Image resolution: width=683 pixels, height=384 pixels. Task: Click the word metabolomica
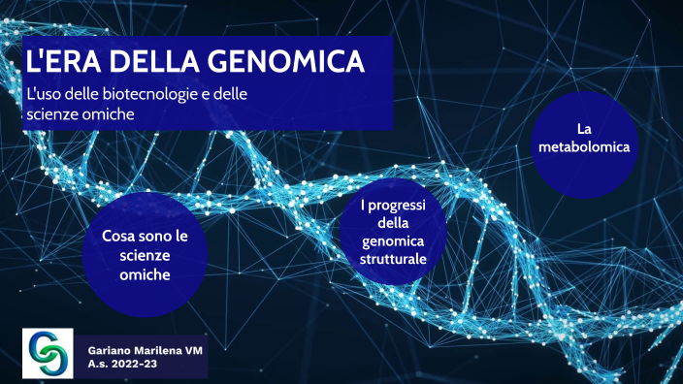coord(584,148)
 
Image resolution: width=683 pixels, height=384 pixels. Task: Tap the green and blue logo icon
coord(48,353)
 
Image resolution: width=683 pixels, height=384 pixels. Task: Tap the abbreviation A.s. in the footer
coord(97,365)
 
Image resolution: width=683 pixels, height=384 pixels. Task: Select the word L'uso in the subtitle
coord(44,95)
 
